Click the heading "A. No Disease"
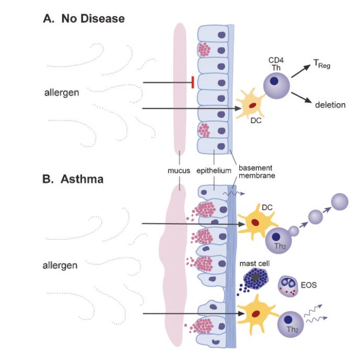(84, 19)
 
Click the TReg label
(321, 64)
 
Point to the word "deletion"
(330, 105)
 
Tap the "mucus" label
(179, 171)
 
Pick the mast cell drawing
(258, 279)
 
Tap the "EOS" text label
(309, 285)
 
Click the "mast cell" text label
(254, 263)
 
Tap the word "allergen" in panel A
(61, 93)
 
